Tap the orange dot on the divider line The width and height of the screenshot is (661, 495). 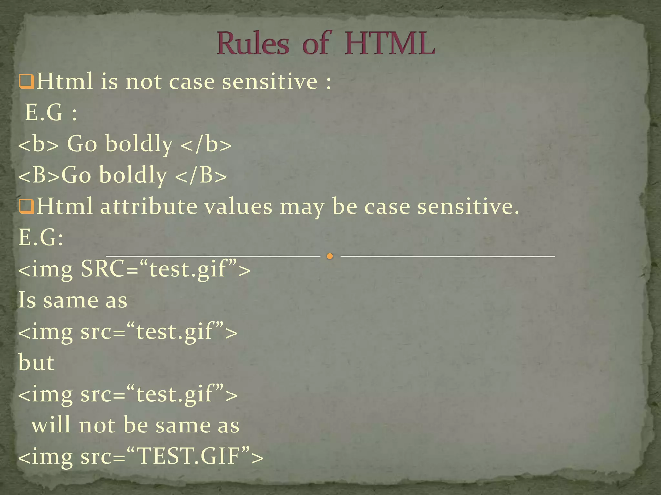coord(330,257)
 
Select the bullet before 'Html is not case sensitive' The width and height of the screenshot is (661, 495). coord(26,82)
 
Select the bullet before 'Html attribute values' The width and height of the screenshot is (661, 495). coord(26,207)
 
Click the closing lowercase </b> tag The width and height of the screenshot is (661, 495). coord(206,144)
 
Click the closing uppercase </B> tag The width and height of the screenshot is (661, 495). coord(200,175)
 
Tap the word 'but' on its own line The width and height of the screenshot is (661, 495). coord(36,363)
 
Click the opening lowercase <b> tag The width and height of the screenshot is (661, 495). coord(38,144)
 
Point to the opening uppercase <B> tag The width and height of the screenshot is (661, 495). coord(39,175)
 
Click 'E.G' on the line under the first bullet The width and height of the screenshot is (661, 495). coord(44,113)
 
